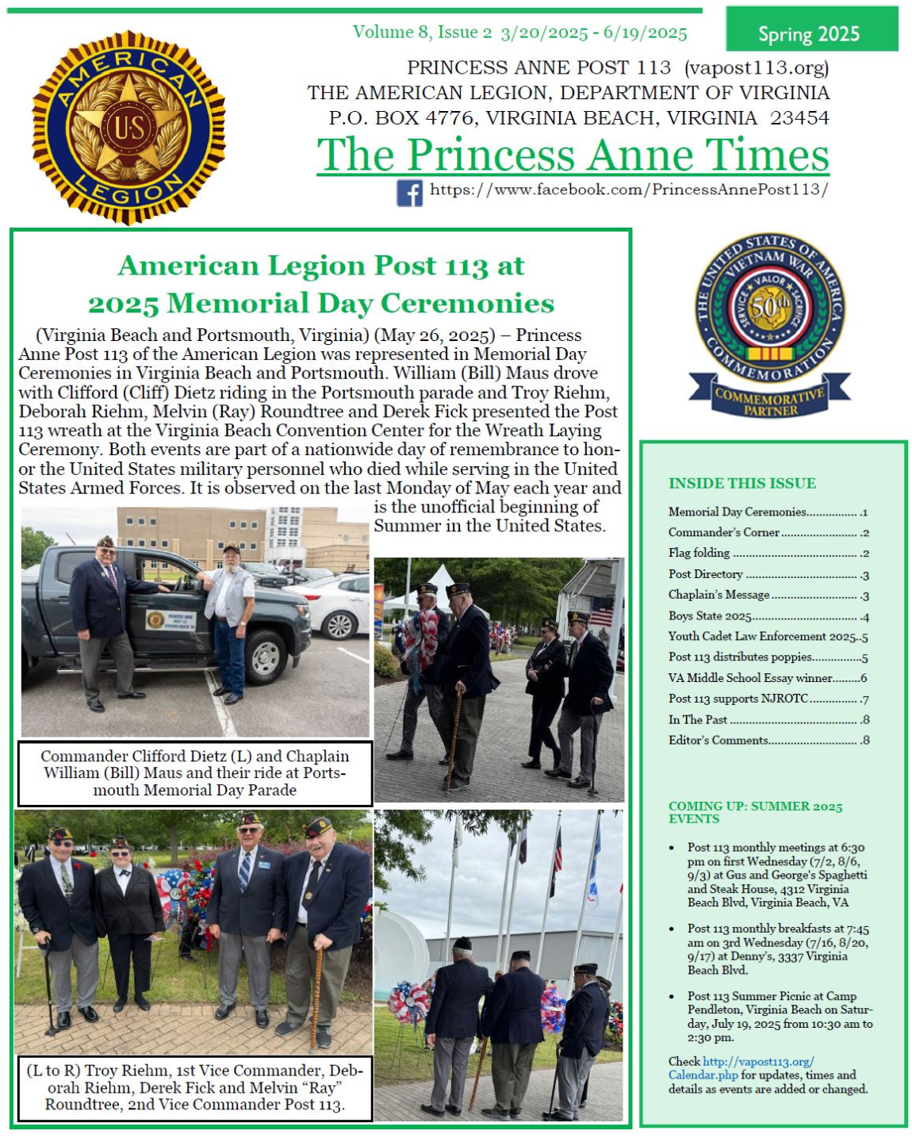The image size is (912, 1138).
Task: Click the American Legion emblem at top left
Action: click(128, 128)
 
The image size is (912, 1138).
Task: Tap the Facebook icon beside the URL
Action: click(409, 193)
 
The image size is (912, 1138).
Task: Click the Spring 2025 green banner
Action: click(810, 33)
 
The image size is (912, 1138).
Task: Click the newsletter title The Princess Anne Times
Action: click(573, 155)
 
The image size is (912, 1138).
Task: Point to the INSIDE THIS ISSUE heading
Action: click(741, 483)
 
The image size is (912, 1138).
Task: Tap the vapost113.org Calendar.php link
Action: click(741, 1068)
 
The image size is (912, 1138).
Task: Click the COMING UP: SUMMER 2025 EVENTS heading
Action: click(755, 812)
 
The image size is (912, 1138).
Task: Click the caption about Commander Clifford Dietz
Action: click(195, 773)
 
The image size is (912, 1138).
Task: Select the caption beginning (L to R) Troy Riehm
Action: click(195, 1087)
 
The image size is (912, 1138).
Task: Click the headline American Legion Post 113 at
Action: click(321, 266)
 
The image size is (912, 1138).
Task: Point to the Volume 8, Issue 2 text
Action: click(422, 33)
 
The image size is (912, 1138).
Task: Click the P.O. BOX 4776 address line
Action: click(579, 118)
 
